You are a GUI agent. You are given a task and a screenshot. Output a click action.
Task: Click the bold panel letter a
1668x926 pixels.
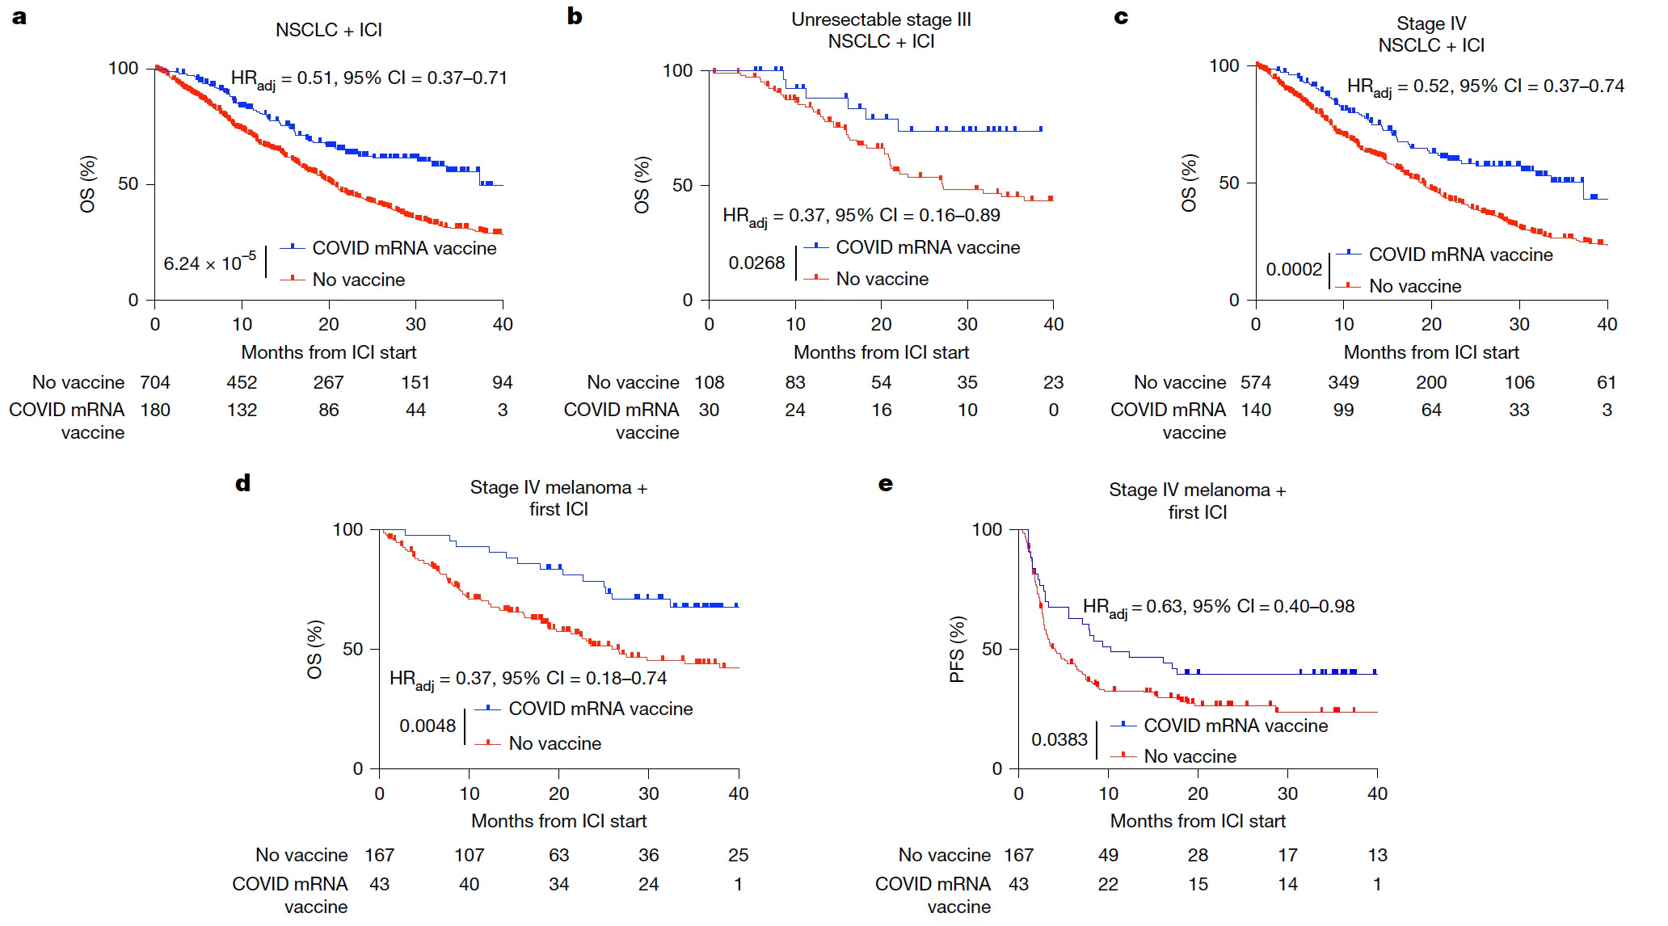(19, 17)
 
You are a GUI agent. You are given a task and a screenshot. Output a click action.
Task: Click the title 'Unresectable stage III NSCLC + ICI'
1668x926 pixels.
(881, 31)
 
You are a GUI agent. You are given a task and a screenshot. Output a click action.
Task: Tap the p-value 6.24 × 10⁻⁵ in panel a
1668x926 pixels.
(209, 263)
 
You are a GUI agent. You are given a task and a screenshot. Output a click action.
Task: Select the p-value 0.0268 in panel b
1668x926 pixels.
(756, 263)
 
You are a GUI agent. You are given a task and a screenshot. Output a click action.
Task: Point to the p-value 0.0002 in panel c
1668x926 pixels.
(1294, 269)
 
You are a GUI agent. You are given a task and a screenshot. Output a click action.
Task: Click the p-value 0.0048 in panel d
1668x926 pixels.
(428, 726)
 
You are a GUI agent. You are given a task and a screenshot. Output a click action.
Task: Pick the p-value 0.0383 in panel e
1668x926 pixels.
(1059, 739)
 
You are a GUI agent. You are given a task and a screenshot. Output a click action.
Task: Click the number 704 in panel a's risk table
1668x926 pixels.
(155, 382)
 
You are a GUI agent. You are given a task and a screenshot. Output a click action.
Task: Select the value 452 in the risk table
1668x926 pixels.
(242, 382)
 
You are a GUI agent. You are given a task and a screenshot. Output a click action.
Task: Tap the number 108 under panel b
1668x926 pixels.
(710, 382)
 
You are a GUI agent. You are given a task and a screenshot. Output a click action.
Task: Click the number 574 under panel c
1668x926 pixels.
(1256, 382)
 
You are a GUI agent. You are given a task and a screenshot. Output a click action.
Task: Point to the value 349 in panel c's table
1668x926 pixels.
(1343, 382)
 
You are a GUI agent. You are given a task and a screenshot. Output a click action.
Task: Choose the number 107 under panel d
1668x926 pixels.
(469, 855)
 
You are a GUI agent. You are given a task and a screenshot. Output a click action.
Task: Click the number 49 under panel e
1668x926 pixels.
(1108, 855)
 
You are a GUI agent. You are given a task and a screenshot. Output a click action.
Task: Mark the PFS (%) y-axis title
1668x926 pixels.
(958, 649)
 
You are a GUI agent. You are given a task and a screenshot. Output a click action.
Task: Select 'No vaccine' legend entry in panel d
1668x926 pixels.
(554, 743)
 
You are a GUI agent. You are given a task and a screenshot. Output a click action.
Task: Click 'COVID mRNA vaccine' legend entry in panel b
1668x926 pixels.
(928, 247)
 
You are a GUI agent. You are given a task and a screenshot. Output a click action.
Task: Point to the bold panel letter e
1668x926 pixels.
(886, 484)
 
